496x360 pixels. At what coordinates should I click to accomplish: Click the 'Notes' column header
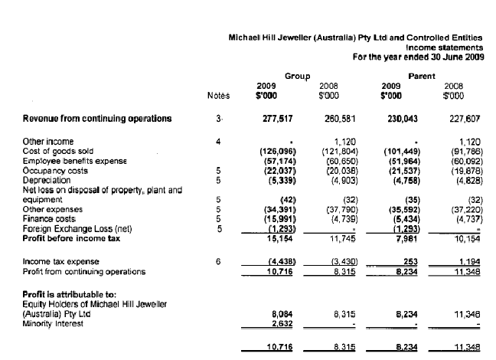tap(218, 97)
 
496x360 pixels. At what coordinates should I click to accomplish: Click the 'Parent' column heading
tap(422, 77)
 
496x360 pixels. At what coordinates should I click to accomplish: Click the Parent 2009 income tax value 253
tap(403, 263)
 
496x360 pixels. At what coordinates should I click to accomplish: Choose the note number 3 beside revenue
tap(218, 119)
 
